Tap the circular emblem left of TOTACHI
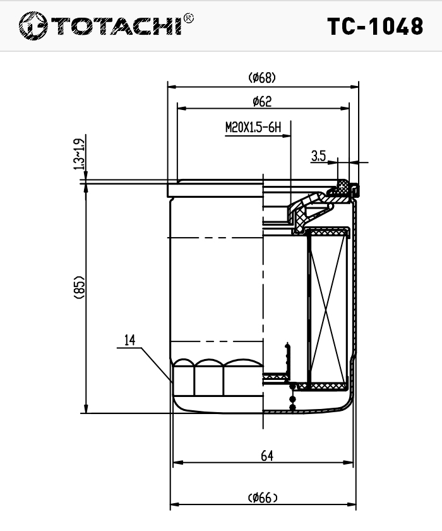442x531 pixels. coord(33,26)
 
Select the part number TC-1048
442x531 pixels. coord(375,27)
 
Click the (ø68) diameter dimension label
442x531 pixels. coord(262,78)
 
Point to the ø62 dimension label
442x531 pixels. coord(262,101)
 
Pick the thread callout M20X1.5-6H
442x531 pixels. coord(253,128)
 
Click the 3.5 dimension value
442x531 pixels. coord(318,156)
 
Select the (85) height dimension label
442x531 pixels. coord(79,288)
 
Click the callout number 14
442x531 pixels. coord(130,340)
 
